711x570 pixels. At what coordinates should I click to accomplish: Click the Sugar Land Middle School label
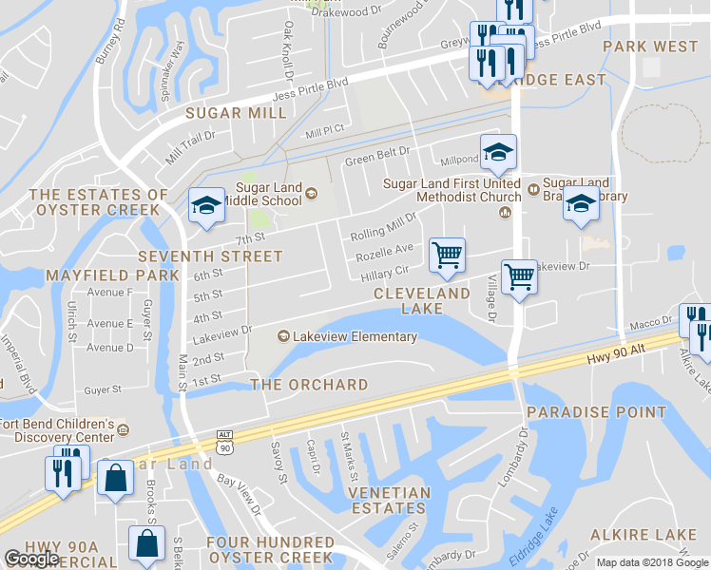pos(269,195)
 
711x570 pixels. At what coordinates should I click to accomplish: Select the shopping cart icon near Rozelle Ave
pos(447,255)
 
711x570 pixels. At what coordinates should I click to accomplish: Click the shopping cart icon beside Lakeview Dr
pos(519,278)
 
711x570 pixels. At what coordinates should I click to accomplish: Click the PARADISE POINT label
pos(596,412)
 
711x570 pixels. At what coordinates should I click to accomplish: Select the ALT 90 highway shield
pos(224,441)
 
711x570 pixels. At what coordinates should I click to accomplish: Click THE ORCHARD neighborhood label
pos(309,385)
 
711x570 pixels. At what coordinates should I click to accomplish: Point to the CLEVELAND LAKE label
pos(422,301)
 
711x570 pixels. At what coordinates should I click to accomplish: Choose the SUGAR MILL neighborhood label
pos(236,113)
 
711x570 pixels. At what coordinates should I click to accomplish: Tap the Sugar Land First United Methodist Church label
pos(452,189)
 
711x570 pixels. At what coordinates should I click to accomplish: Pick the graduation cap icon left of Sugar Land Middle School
pos(206,206)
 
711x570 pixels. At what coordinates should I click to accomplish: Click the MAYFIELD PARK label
pos(112,275)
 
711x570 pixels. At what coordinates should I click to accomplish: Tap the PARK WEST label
pos(650,47)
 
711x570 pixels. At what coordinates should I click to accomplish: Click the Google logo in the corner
pos(32,559)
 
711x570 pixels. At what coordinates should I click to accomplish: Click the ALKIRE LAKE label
pos(643,536)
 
